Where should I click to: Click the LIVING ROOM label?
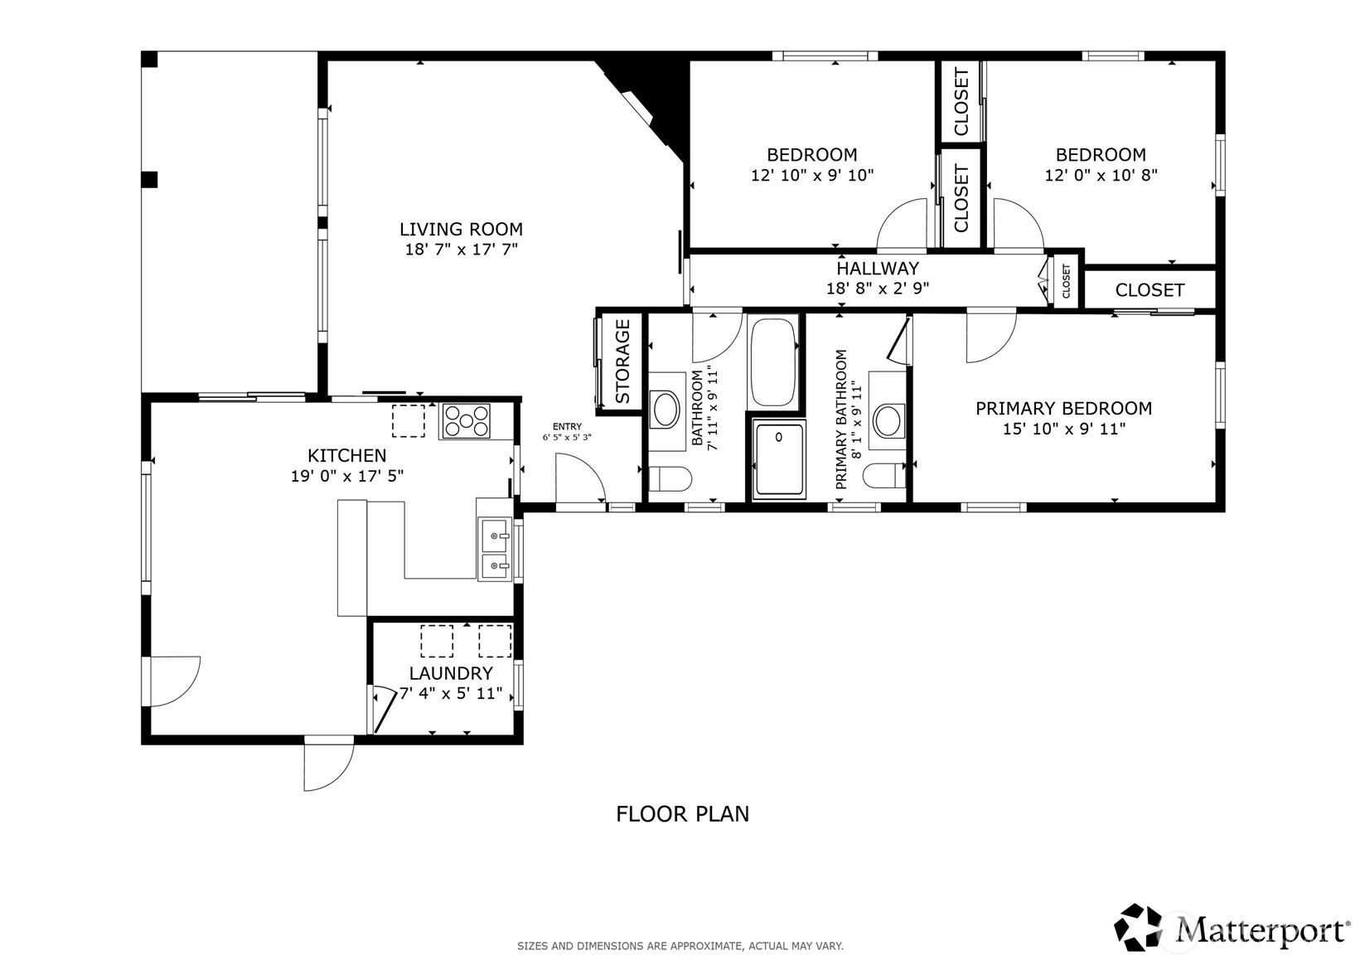point(462,229)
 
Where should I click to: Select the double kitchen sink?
point(494,549)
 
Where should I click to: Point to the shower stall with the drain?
point(779,459)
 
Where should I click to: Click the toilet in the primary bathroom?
point(884,476)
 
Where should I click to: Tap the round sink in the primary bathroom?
point(888,420)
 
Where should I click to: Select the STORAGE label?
point(622,361)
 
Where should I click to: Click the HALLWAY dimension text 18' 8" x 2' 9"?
point(878,288)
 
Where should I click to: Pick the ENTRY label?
point(568,427)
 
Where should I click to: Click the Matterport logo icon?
point(1138,927)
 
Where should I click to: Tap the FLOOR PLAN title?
point(683,814)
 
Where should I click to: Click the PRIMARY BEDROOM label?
point(1064,409)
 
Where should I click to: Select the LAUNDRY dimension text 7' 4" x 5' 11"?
point(451,693)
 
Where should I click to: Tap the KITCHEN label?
point(346,455)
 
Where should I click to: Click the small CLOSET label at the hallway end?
point(1066,281)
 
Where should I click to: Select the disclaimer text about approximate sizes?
point(680,946)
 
